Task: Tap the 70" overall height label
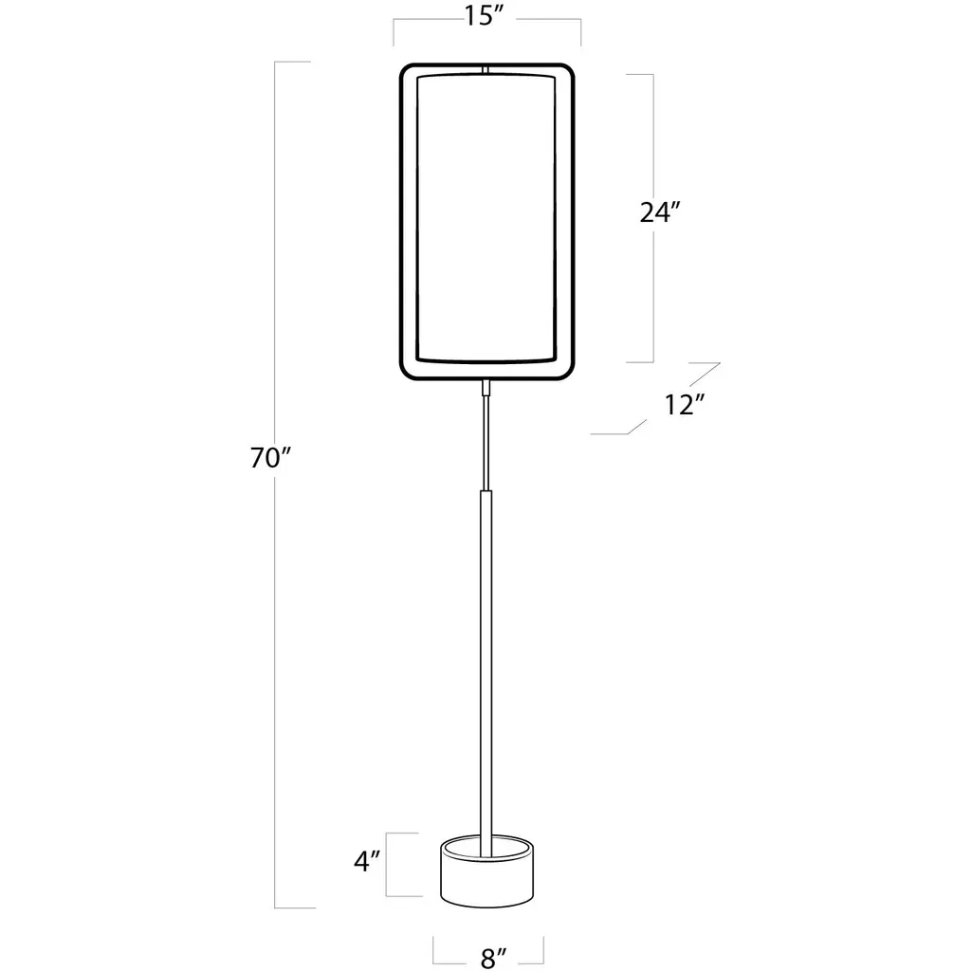(x=270, y=458)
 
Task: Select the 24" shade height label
(x=660, y=212)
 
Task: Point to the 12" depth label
(x=685, y=405)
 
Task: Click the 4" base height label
(x=367, y=861)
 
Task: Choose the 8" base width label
(x=493, y=958)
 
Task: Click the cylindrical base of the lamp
(x=486, y=872)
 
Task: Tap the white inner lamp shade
(x=486, y=217)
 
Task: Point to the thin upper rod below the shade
(x=486, y=444)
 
